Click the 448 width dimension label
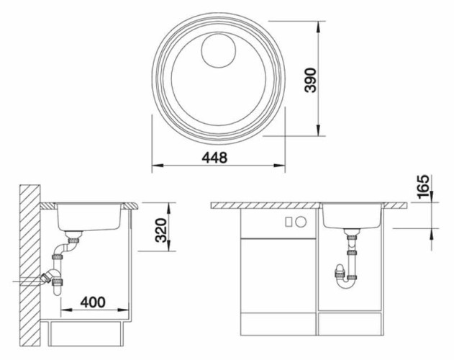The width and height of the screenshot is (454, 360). tap(214, 158)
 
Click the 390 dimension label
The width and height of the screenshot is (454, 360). tap(311, 81)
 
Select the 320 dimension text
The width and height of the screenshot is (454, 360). tap(161, 230)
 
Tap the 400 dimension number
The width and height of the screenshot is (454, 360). tap(93, 302)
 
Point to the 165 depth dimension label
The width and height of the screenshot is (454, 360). tap(424, 186)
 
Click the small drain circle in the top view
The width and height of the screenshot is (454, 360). tap(218, 50)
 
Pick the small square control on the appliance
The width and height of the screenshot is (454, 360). tap(289, 222)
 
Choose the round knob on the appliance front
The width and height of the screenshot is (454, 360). tap(301, 222)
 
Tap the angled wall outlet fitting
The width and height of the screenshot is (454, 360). tap(47, 277)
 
